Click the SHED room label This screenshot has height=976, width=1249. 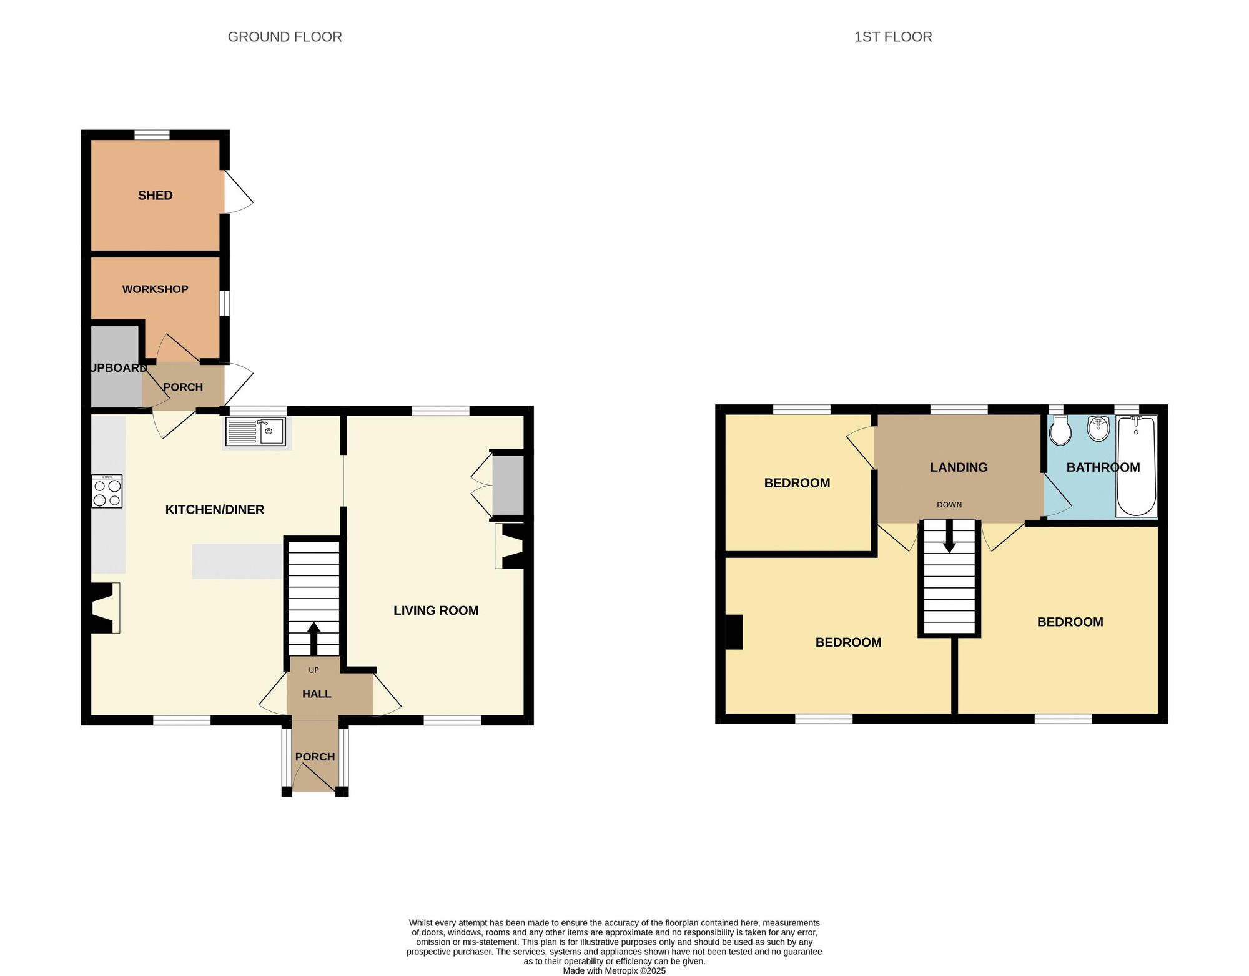click(x=155, y=196)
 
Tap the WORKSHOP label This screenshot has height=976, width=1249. click(x=155, y=289)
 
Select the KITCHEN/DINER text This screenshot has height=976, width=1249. click(x=214, y=510)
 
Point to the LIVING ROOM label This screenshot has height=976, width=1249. click(x=436, y=610)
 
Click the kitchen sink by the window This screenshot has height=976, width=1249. click(x=255, y=431)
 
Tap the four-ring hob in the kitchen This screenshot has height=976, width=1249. click(x=107, y=491)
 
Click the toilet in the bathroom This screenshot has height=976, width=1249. click(x=1060, y=431)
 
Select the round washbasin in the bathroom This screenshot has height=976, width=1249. click(x=1098, y=428)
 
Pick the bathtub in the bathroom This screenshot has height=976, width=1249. click(x=1137, y=466)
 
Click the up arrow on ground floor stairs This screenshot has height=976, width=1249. click(x=314, y=638)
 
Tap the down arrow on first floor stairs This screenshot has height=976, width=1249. click(x=949, y=536)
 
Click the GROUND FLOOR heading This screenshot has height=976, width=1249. click(x=285, y=37)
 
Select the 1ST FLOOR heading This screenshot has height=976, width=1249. click(x=893, y=37)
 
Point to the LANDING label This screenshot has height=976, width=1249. click(x=959, y=467)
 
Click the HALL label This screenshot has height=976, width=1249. click(x=317, y=694)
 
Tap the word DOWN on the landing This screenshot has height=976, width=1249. click(x=949, y=505)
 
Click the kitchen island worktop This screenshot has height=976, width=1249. click(x=238, y=561)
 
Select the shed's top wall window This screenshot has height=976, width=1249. click(x=152, y=134)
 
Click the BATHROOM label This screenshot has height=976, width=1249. click(x=1103, y=467)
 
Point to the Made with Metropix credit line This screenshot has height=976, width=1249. click(x=615, y=971)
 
